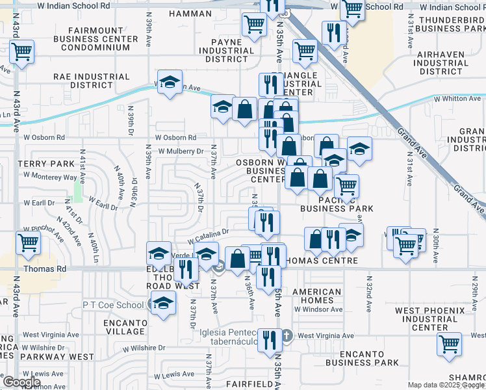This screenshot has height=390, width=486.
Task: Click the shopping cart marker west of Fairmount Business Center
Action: point(21,52)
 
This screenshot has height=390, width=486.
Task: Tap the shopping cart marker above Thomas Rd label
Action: point(29,242)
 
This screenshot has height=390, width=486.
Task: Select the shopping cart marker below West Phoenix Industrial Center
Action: point(448,344)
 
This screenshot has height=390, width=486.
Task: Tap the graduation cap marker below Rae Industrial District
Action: point(170,83)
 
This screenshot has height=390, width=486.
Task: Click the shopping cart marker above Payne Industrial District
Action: point(253,25)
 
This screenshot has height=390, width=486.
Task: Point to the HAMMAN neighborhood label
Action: point(190,14)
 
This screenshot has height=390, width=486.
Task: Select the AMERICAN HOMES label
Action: point(316,296)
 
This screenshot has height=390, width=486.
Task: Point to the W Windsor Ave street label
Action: point(318,309)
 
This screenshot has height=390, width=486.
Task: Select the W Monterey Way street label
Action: point(50,176)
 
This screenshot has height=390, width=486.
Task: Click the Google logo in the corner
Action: point(21,382)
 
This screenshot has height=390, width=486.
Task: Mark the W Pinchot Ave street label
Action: point(42,229)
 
